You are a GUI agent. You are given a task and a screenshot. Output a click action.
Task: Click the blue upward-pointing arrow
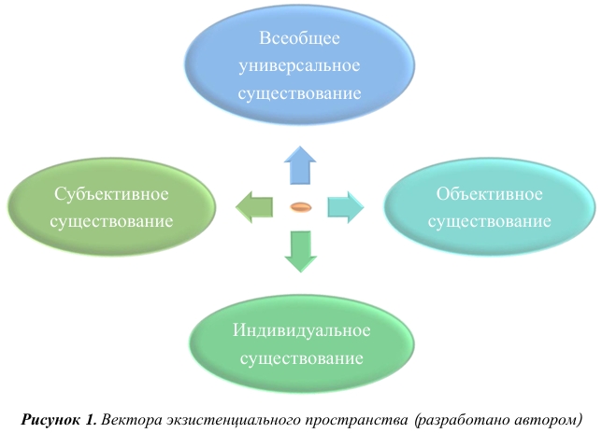point(301,164)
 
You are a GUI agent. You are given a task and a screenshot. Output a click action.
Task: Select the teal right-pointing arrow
point(344,206)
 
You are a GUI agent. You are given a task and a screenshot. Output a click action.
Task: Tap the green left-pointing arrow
point(254,206)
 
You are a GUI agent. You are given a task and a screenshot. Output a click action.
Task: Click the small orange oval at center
point(300,206)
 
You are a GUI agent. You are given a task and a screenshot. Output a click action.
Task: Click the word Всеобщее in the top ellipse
point(299,40)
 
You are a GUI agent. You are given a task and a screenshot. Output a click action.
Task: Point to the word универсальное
point(299,67)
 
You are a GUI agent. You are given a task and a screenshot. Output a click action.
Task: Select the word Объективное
point(490,195)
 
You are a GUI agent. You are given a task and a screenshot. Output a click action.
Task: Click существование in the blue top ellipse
point(299,94)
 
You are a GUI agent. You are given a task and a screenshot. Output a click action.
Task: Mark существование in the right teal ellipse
point(490,222)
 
